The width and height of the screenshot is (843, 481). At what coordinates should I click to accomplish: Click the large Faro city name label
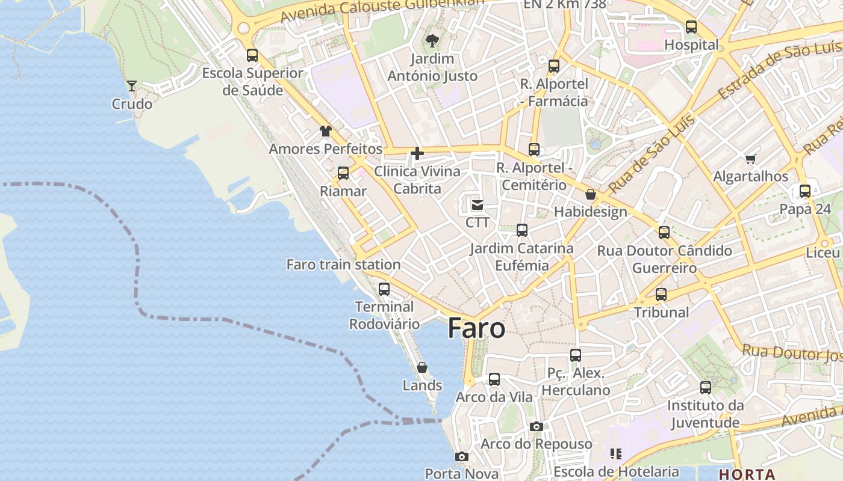coord(476,329)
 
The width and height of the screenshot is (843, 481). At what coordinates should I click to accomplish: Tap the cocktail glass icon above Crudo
coord(132,86)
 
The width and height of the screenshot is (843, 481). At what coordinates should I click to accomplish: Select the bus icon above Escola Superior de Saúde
coord(252,55)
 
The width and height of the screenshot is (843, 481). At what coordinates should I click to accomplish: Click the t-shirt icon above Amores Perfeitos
coord(326,131)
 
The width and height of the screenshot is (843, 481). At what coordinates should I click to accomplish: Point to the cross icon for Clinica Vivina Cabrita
coord(417,153)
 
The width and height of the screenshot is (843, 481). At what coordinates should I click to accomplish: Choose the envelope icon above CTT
coord(477,205)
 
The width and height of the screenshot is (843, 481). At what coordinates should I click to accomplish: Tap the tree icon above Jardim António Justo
coord(432,41)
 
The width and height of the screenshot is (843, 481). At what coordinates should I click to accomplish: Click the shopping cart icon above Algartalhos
coord(750,159)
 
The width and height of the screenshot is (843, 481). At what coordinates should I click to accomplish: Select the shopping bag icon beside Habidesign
coord(591,194)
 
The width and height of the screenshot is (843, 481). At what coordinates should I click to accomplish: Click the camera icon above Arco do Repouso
coord(536,426)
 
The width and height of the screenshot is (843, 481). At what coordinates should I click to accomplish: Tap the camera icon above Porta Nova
coord(462,456)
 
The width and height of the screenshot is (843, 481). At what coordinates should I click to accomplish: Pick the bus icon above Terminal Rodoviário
coord(384,289)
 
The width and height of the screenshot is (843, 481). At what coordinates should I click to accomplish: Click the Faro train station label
coord(343,265)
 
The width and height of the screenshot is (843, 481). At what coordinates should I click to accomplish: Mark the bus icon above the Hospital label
coord(691,27)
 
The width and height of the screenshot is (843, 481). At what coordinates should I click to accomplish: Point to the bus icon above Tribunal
coord(661,295)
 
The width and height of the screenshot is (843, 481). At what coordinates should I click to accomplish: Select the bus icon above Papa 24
coord(805,191)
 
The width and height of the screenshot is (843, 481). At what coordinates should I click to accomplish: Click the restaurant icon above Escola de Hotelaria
coord(615,454)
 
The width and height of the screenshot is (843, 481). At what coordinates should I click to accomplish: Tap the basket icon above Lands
coord(422,367)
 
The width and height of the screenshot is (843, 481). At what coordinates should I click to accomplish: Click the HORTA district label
coord(747,474)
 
